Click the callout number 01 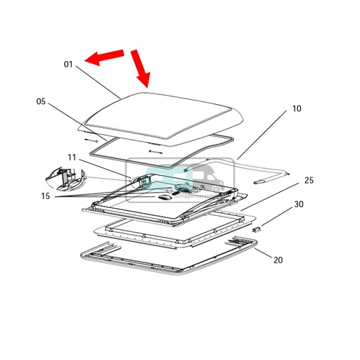pyautogui.click(x=68, y=64)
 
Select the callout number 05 pyautogui.click(x=41, y=102)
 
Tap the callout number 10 pyautogui.click(x=296, y=109)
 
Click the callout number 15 pyautogui.click(x=45, y=196)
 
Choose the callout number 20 pyautogui.click(x=278, y=259)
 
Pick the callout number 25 pyautogui.click(x=308, y=181)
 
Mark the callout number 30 pyautogui.click(x=299, y=205)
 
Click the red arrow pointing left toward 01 pyautogui.click(x=104, y=58)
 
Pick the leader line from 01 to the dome pyautogui.click(x=98, y=81)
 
